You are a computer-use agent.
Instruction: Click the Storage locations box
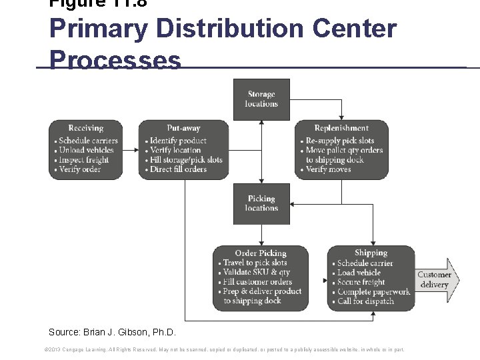point(261,99)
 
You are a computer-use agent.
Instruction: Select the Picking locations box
point(261,203)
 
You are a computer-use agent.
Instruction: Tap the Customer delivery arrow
point(434,280)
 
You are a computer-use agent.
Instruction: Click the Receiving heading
point(86,128)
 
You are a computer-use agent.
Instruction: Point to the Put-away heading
point(183,128)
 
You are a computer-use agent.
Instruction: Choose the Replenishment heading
point(341,128)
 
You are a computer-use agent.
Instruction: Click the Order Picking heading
point(261,253)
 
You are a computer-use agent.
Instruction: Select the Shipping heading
point(371,253)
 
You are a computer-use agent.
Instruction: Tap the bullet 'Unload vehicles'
point(86,150)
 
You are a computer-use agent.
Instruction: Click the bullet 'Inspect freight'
point(83,160)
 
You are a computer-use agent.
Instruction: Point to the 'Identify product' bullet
point(178,141)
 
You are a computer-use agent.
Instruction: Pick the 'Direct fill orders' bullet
point(179,169)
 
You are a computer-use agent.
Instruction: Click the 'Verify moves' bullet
point(330,169)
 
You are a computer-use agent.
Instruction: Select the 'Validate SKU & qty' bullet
point(256,272)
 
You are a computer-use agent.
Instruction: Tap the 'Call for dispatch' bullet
point(365,301)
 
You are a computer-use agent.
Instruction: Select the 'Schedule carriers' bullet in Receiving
point(88,141)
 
